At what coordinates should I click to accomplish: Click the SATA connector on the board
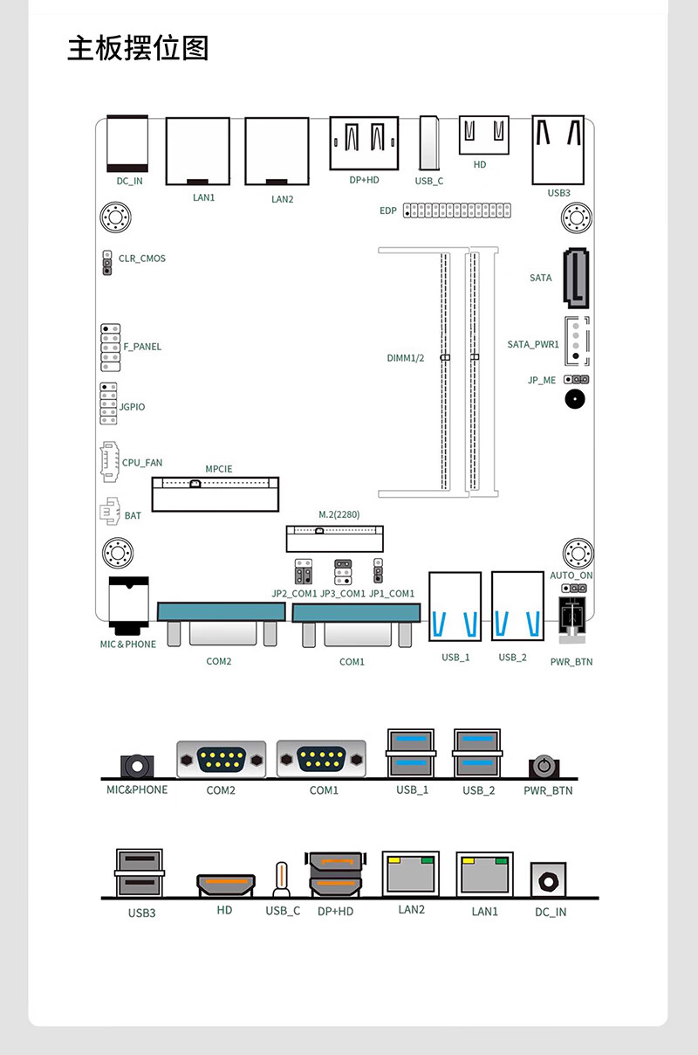point(576,278)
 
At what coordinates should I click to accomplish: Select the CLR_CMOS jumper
point(107,263)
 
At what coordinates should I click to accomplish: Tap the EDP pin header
point(456,210)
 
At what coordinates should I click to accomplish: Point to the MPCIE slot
point(216,494)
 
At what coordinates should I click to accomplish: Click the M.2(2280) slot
point(335,539)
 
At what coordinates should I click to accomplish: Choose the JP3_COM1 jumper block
point(343,572)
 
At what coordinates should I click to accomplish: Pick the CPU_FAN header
point(109,461)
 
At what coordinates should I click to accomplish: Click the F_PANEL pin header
point(110,348)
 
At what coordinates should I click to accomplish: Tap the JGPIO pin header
point(108,403)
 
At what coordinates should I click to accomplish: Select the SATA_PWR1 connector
point(577,341)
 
